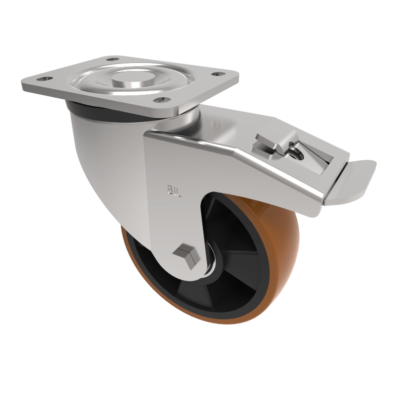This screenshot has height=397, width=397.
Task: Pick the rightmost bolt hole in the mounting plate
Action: point(216,75)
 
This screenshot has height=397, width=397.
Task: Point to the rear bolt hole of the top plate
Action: point(114,60)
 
